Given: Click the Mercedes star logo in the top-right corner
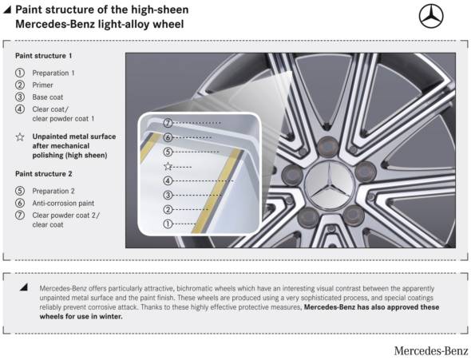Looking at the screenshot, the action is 431,16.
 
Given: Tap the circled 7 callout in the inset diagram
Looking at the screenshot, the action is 168,123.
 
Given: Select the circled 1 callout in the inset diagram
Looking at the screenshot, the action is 168,224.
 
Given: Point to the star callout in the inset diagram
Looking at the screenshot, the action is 168,166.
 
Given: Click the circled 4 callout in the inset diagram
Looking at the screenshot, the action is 168,180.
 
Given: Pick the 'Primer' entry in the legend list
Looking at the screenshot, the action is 42,85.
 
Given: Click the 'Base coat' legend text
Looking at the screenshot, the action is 48,97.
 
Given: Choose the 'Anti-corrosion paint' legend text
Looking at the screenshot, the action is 63,204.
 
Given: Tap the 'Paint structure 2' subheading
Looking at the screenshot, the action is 44,174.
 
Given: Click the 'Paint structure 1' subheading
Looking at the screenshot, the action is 44,56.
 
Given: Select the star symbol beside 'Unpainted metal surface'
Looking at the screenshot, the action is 20,137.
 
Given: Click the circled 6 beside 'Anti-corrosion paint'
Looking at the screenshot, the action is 20,203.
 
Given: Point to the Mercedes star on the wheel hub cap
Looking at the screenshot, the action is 330,183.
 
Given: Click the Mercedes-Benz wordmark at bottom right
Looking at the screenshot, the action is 431,350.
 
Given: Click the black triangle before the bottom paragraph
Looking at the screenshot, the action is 24,287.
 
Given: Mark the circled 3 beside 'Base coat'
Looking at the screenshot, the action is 20,97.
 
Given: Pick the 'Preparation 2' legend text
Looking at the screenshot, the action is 53,192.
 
